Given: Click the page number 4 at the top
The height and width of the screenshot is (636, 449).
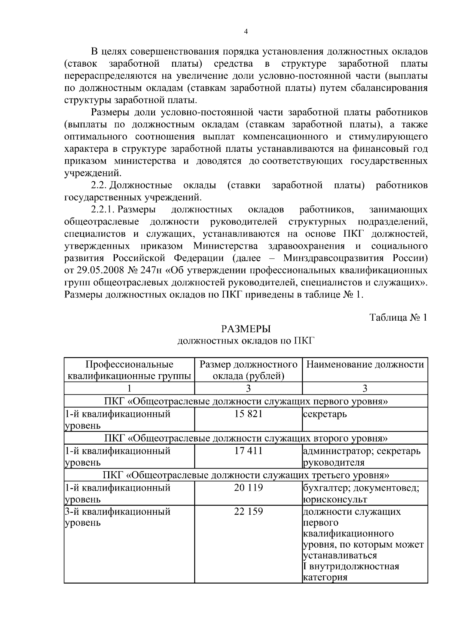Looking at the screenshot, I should [x=245, y=31].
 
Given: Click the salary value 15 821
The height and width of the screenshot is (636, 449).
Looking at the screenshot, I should [x=248, y=414].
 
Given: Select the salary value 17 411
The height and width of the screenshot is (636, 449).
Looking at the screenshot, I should [x=248, y=451].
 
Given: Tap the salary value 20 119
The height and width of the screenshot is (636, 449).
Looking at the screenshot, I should [x=248, y=487].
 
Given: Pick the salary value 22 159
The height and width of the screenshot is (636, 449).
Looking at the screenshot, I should [x=248, y=511].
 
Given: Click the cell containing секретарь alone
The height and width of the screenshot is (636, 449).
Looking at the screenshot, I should [x=325, y=414].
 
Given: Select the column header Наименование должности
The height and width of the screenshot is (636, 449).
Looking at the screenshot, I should [x=365, y=364].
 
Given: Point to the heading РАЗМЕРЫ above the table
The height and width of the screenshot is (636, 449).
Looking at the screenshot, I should [x=245, y=329].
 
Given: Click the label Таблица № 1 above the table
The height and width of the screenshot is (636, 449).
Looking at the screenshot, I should [x=398, y=317].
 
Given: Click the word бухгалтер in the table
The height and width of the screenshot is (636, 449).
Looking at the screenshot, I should [x=326, y=488].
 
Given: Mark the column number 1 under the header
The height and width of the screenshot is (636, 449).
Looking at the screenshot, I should [x=129, y=388].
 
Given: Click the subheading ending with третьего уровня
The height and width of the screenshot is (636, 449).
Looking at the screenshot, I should [x=245, y=475].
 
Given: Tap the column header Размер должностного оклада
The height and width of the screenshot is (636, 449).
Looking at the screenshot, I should [x=248, y=370].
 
